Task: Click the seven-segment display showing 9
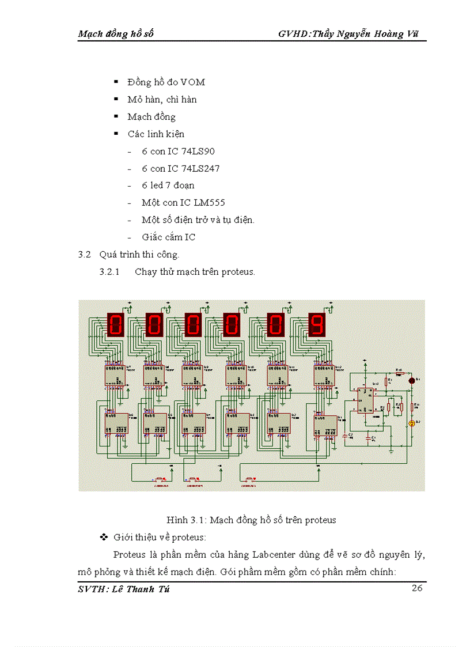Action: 317,324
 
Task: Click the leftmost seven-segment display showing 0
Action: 115,324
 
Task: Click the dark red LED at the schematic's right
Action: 411,380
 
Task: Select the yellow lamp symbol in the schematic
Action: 411,423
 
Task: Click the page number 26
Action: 418,588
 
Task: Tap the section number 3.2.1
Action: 109,272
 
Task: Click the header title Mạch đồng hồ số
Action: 116,34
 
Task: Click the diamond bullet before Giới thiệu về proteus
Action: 104,538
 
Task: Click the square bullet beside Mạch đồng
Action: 116,117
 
